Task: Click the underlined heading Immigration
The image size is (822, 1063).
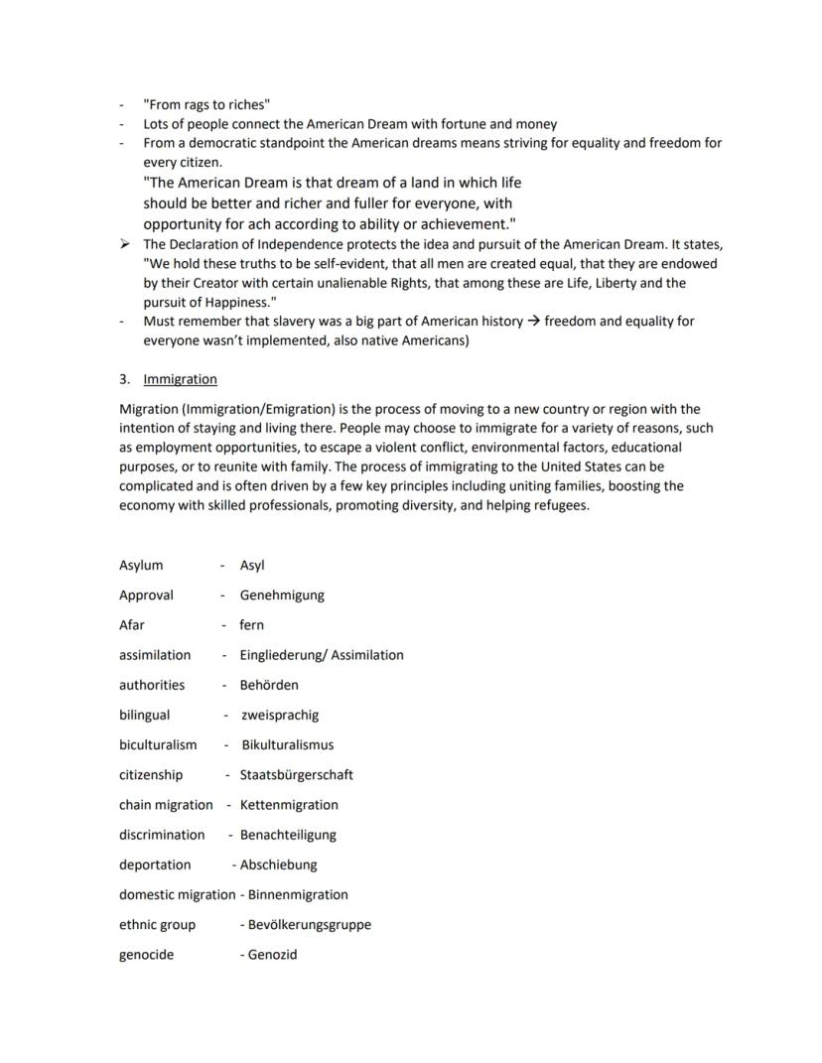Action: [x=180, y=379]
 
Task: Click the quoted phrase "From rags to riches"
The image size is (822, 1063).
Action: [x=206, y=104]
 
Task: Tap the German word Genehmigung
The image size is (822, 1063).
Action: [x=281, y=596]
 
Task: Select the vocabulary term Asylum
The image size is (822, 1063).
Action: [x=141, y=566]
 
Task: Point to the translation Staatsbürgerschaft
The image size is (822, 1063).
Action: [x=296, y=774]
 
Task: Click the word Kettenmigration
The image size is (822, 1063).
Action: [x=289, y=805]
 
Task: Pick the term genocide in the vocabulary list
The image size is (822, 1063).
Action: [x=146, y=955]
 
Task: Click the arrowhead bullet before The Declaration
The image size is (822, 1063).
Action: [x=124, y=244]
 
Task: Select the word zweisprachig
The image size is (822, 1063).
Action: [x=280, y=715]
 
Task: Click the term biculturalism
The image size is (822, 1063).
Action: [x=158, y=744]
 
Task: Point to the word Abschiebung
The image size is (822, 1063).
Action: [x=278, y=864]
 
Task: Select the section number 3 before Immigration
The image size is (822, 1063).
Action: [x=123, y=379]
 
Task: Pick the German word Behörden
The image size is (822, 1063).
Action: [x=268, y=685]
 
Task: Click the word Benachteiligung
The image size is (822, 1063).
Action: [x=288, y=835]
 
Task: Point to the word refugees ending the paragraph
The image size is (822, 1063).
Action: [x=557, y=505]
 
